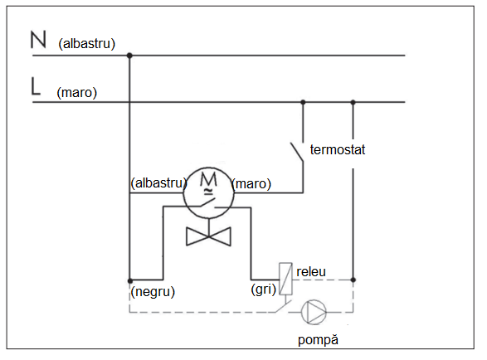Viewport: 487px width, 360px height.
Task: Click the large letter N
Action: (x=38, y=40)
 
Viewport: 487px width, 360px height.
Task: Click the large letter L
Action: (x=36, y=86)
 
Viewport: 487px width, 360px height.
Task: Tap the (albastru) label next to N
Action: (x=86, y=43)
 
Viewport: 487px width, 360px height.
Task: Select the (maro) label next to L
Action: (x=76, y=93)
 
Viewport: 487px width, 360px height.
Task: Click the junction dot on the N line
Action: (x=129, y=56)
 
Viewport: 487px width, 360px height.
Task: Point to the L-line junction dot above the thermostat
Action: (x=303, y=102)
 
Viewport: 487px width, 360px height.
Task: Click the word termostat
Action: (x=338, y=149)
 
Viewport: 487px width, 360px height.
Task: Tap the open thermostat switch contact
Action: (x=297, y=152)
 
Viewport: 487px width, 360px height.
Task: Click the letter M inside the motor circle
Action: (x=208, y=179)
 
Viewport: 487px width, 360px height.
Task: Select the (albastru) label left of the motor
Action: (x=158, y=183)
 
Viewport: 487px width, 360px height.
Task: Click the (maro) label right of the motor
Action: (x=251, y=184)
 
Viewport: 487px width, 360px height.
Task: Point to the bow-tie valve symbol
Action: (x=208, y=236)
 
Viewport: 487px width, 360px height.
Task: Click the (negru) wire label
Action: (x=153, y=292)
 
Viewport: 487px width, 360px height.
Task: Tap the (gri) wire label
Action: (x=263, y=289)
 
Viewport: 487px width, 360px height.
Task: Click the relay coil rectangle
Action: (x=285, y=279)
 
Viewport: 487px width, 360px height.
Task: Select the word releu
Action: (x=311, y=272)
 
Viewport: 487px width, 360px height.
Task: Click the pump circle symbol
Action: (x=314, y=312)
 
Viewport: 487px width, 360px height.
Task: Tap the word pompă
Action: (x=318, y=340)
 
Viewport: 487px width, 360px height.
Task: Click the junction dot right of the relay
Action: (x=353, y=280)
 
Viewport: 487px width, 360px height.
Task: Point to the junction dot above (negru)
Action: (x=130, y=281)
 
